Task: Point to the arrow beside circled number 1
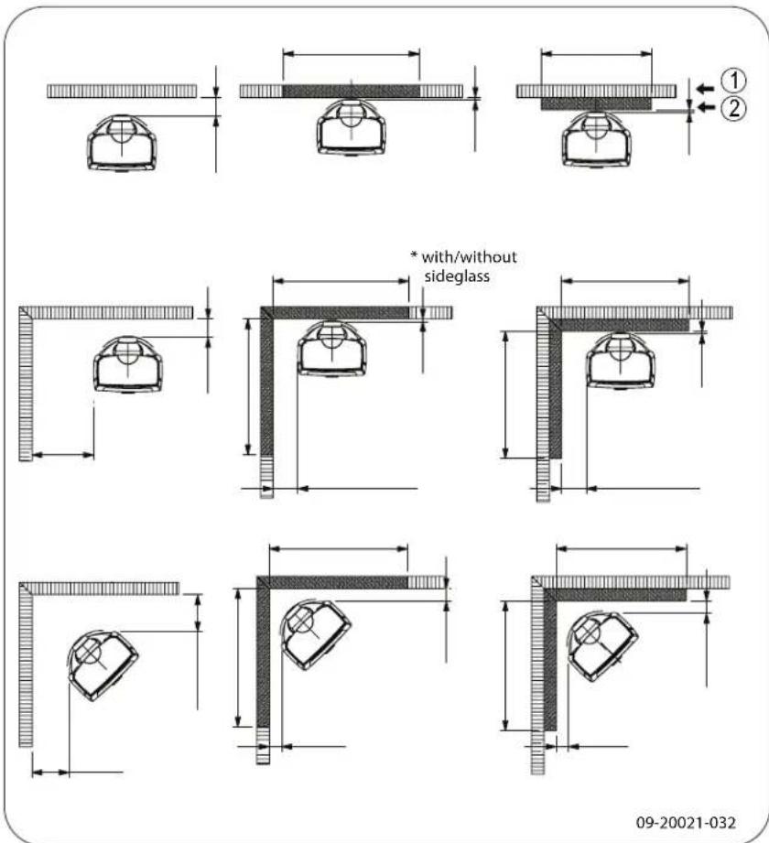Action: pyautogui.click(x=703, y=88)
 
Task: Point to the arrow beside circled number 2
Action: pyautogui.click(x=703, y=108)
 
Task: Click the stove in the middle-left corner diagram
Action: pyautogui.click(x=129, y=362)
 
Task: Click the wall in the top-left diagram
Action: pyautogui.click(x=122, y=91)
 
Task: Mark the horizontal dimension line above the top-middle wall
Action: pyautogui.click(x=352, y=54)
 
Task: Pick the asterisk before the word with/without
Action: pyautogui.click(x=413, y=257)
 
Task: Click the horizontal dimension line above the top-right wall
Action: pyautogui.click(x=597, y=54)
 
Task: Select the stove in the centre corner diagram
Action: pyautogui.click(x=331, y=347)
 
